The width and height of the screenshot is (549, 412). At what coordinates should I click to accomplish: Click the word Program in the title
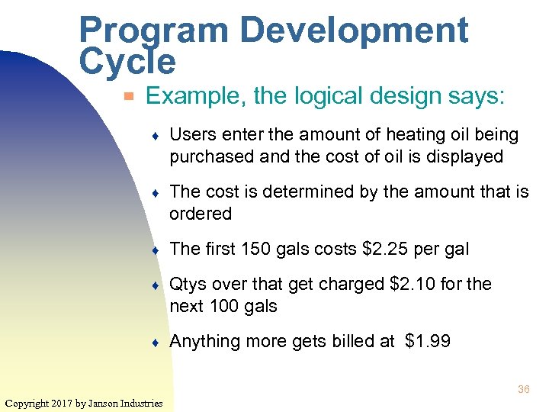tap(152, 31)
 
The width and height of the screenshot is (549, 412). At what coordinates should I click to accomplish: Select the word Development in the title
tap(354, 31)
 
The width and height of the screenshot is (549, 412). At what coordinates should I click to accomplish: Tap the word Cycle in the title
tap(127, 61)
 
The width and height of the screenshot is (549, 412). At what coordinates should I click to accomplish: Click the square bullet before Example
tap(130, 97)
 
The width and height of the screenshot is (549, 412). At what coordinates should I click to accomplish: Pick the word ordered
tap(201, 214)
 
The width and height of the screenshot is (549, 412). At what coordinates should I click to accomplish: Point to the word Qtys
tap(188, 284)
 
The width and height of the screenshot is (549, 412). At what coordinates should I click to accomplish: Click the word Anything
tap(201, 341)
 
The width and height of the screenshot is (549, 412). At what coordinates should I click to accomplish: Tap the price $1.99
tap(428, 341)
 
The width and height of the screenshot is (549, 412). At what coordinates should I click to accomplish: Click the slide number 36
tap(523, 389)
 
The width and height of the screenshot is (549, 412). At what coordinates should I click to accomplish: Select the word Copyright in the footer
tap(27, 403)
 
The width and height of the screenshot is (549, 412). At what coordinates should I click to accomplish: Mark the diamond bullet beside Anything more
tap(155, 342)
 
